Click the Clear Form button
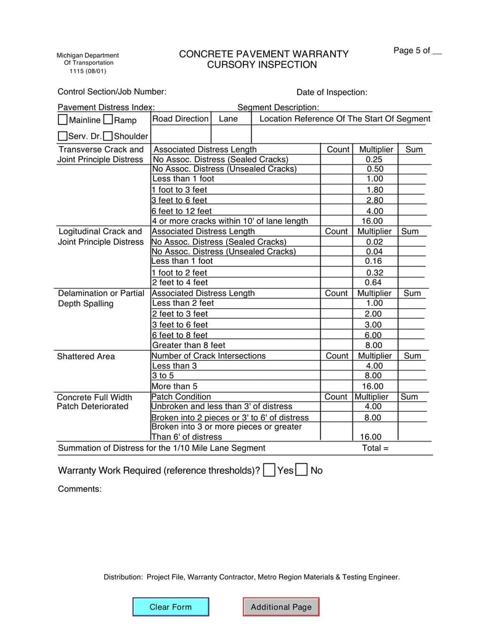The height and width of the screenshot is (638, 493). click(x=171, y=607)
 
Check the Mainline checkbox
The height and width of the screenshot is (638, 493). click(x=63, y=120)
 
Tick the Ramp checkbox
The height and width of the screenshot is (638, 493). click(x=108, y=120)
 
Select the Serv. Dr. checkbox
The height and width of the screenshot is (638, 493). click(x=63, y=136)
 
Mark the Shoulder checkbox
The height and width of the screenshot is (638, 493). click(x=108, y=136)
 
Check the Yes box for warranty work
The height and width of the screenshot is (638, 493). click(x=269, y=470)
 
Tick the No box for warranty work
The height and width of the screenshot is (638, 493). click(x=302, y=470)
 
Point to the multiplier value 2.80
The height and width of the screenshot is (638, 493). click(x=375, y=200)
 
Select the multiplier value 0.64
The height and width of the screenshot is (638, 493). click(x=374, y=283)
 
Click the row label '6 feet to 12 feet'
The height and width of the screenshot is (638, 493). click(x=182, y=211)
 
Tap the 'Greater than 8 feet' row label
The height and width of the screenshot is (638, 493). click(x=189, y=345)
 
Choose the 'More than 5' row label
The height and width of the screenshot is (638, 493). click(x=174, y=386)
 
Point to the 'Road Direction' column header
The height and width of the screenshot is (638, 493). click(x=181, y=118)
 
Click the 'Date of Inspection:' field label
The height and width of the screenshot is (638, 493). click(x=332, y=92)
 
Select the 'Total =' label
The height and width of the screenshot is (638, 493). click(x=375, y=448)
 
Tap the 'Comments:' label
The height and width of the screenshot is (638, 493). click(x=79, y=489)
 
